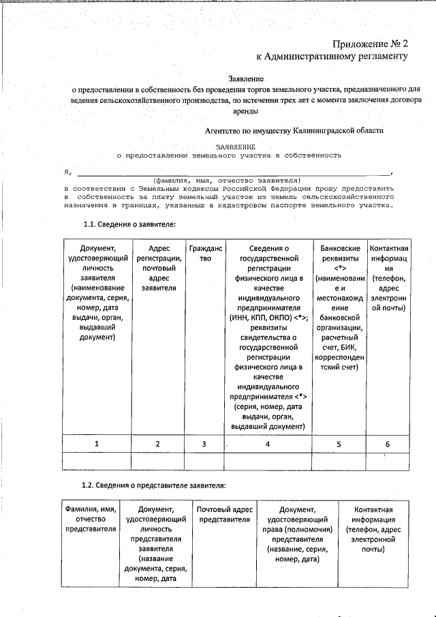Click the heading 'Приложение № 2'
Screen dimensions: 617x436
(370, 43)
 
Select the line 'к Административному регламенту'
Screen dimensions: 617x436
(332, 57)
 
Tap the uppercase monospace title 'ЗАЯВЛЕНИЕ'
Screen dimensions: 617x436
(236, 147)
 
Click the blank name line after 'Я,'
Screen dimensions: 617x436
(232, 172)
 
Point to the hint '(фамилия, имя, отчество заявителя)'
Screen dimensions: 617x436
(228, 180)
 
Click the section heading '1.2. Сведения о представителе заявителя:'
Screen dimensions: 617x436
(153, 485)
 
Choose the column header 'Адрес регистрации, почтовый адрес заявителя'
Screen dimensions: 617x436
(158, 268)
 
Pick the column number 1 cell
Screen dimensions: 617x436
(97, 444)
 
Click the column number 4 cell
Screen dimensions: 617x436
(268, 444)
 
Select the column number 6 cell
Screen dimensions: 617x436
(387, 444)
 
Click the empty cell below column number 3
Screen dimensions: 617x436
(206, 462)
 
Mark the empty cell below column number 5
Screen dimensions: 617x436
(339, 462)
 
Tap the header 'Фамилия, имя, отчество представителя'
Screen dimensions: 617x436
(91, 519)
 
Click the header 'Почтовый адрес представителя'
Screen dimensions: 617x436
(224, 514)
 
